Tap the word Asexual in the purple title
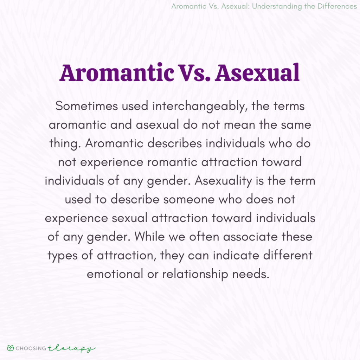pos(257,73)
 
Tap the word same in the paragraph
pos(296,125)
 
